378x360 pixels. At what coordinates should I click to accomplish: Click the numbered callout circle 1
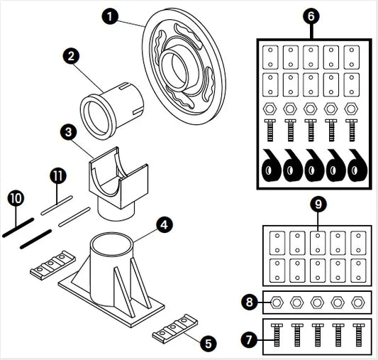tap(110, 16)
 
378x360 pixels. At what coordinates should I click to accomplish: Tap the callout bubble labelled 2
tap(71, 56)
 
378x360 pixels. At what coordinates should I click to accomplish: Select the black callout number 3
tap(69, 132)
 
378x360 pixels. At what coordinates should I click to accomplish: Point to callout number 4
tap(165, 224)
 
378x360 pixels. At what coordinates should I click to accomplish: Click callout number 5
tap(209, 343)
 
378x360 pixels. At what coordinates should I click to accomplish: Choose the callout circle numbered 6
tap(311, 16)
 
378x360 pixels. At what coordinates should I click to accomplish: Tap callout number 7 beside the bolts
tap(249, 339)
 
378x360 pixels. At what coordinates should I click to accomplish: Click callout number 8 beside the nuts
tap(249, 302)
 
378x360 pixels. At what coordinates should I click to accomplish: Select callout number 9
tap(318, 204)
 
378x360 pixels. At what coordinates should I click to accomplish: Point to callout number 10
tap(16, 198)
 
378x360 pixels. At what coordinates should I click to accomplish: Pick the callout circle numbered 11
tap(58, 175)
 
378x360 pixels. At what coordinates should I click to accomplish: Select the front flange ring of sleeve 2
tap(96, 118)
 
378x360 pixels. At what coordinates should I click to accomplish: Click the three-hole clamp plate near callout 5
tap(175, 328)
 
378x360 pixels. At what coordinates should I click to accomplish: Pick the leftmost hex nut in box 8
tap(277, 302)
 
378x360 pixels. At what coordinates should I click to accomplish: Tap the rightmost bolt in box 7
tap(358, 335)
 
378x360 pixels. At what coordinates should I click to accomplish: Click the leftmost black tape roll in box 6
tap(271, 165)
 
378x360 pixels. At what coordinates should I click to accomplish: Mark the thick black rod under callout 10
tap(18, 227)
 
